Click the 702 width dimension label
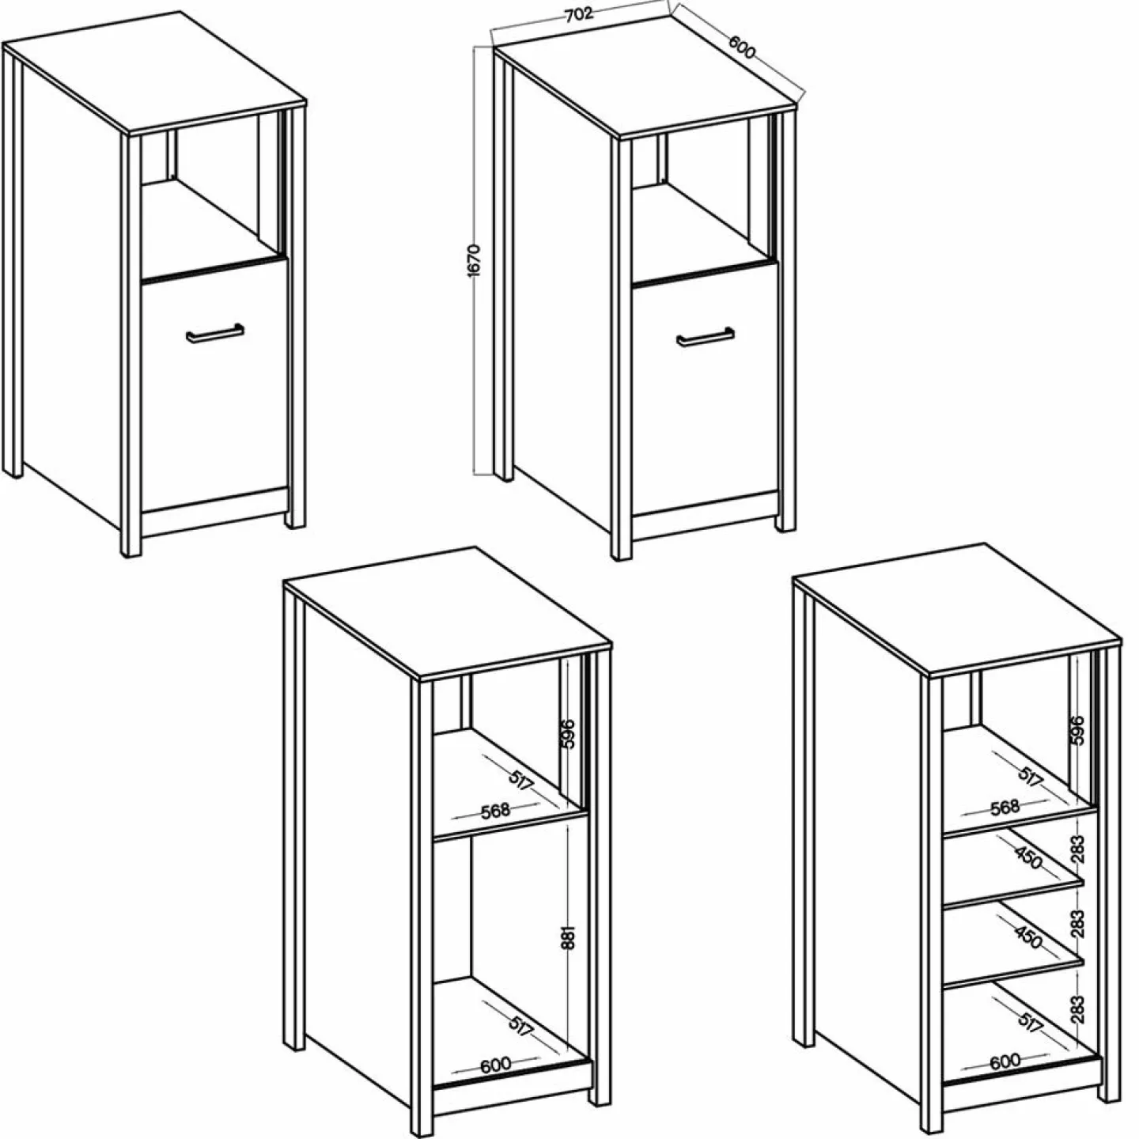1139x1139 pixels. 579,15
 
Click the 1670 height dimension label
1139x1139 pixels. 475,259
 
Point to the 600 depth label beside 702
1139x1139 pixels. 742,47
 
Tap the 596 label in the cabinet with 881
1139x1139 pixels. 567,734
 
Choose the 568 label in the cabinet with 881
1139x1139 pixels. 495,810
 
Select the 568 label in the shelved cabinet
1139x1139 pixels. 1005,806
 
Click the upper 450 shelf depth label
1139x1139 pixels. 1029,858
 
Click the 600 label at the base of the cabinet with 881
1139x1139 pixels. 495,1065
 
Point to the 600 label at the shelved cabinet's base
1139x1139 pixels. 1005,1061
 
